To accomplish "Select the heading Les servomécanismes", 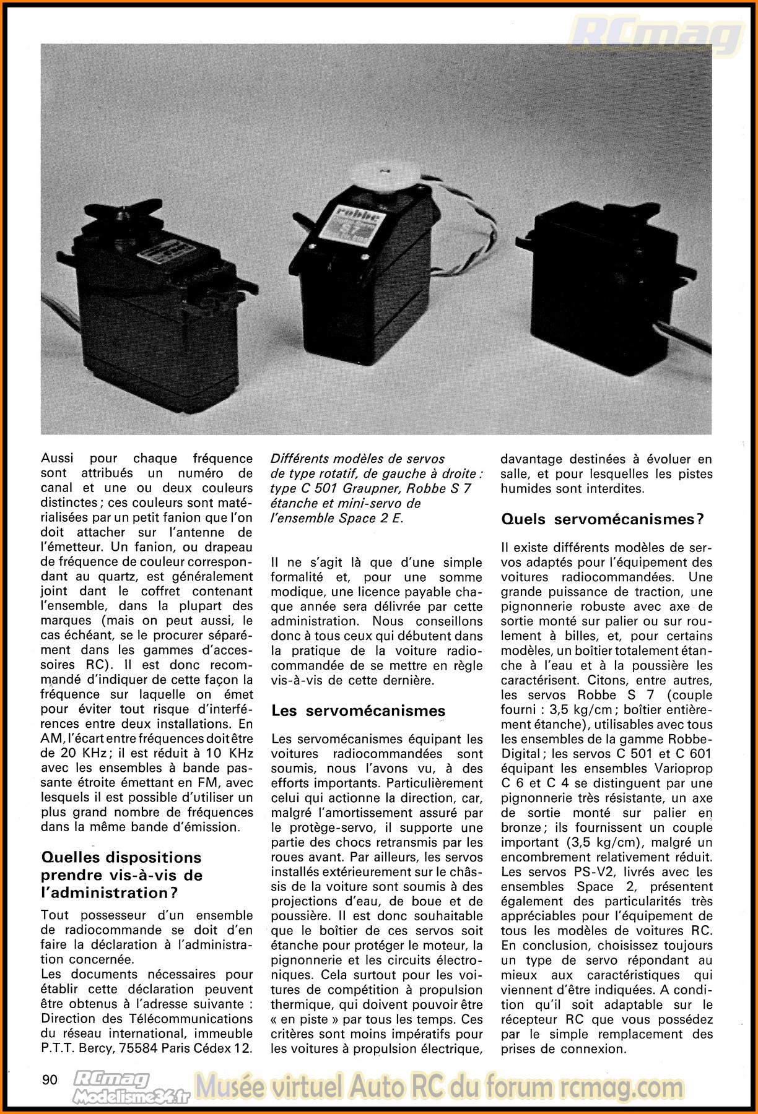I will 359,710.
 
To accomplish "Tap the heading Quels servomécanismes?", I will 603,519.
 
